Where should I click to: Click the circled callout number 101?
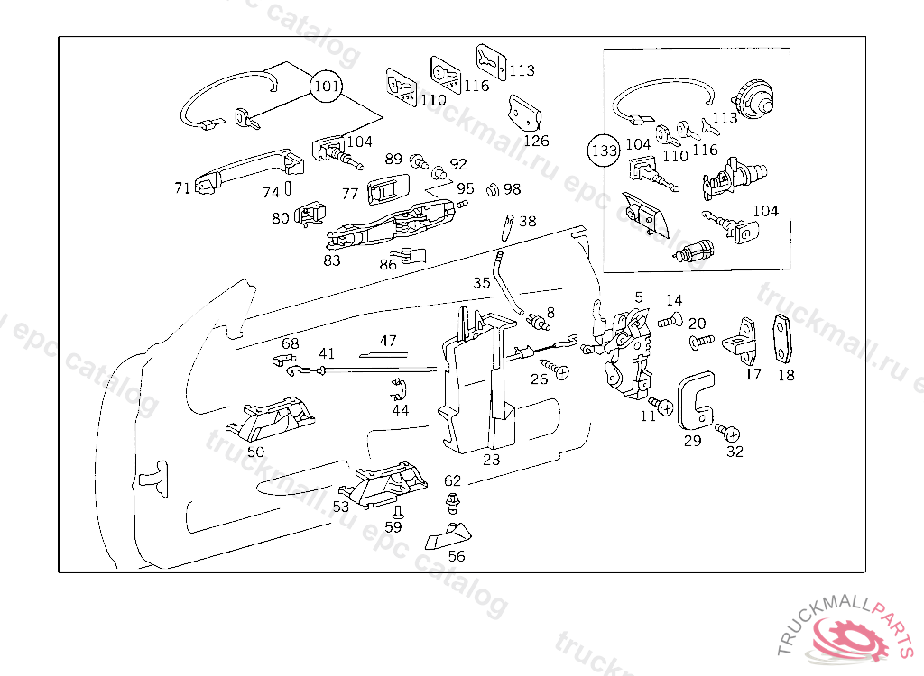(x=327, y=87)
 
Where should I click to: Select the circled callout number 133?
(x=604, y=150)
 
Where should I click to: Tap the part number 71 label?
(x=182, y=187)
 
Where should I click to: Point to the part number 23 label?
(x=491, y=459)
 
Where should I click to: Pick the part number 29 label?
(x=692, y=441)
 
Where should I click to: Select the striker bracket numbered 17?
(x=745, y=339)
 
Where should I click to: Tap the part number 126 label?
(x=536, y=141)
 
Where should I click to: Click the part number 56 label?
(x=457, y=556)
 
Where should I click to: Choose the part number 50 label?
(x=256, y=452)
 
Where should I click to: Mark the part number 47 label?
(x=388, y=341)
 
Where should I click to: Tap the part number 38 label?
(x=527, y=221)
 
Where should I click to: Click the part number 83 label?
(x=332, y=260)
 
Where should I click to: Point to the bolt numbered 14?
(x=668, y=320)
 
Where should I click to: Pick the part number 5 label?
(x=639, y=297)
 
